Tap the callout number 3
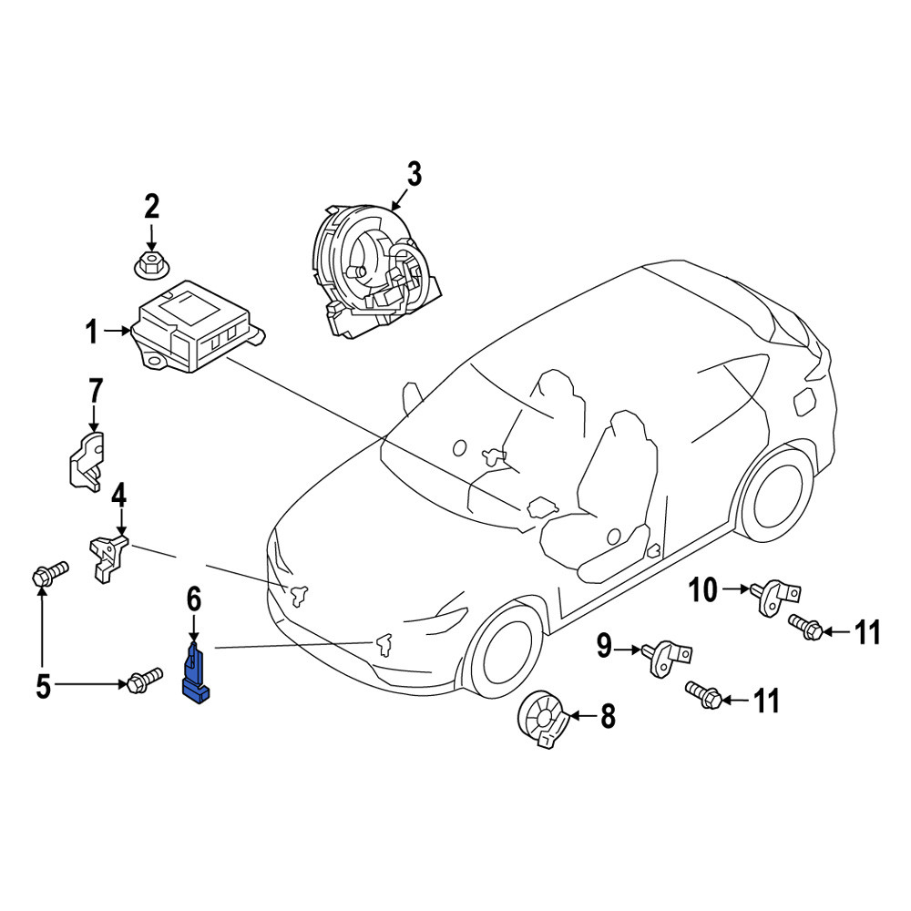[x=414, y=175]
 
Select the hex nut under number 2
[x=151, y=267]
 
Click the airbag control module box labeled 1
[x=196, y=328]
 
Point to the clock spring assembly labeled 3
[x=372, y=271]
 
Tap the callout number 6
[x=193, y=599]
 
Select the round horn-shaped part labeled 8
[x=541, y=719]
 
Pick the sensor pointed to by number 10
[x=775, y=596]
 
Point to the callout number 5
[x=44, y=687]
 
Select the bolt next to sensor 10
[x=805, y=627]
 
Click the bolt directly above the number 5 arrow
[x=49, y=573]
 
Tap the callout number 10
[x=703, y=590]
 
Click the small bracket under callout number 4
[x=107, y=557]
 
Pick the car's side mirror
[x=412, y=397]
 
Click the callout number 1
[x=92, y=333]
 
